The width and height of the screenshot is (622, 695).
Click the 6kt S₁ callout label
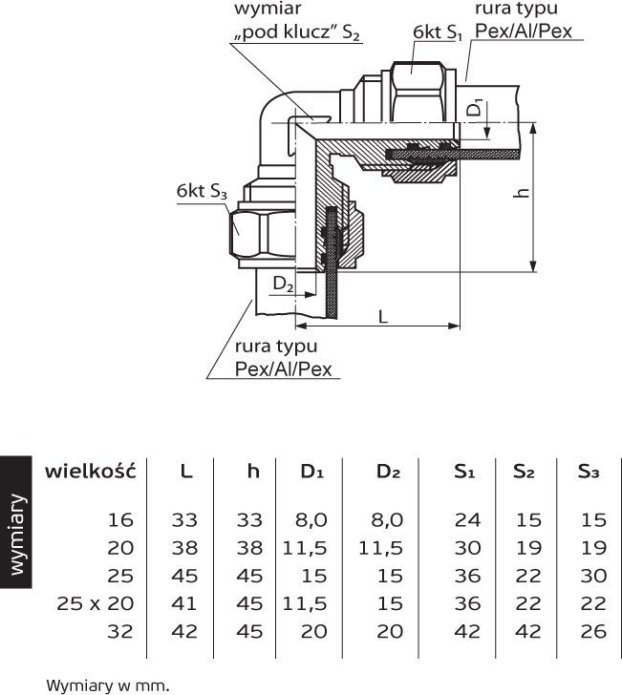[438, 32]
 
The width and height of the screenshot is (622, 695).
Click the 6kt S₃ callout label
[201, 192]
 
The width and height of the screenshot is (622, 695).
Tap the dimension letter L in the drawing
[383, 314]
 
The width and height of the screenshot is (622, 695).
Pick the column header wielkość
[91, 471]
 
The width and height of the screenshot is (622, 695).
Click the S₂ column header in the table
[524, 472]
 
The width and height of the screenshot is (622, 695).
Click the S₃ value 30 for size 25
[592, 576]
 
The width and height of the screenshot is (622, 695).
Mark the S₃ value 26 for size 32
[592, 631]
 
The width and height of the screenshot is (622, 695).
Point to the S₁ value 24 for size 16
[467, 520]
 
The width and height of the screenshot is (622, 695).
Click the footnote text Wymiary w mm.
[107, 684]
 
